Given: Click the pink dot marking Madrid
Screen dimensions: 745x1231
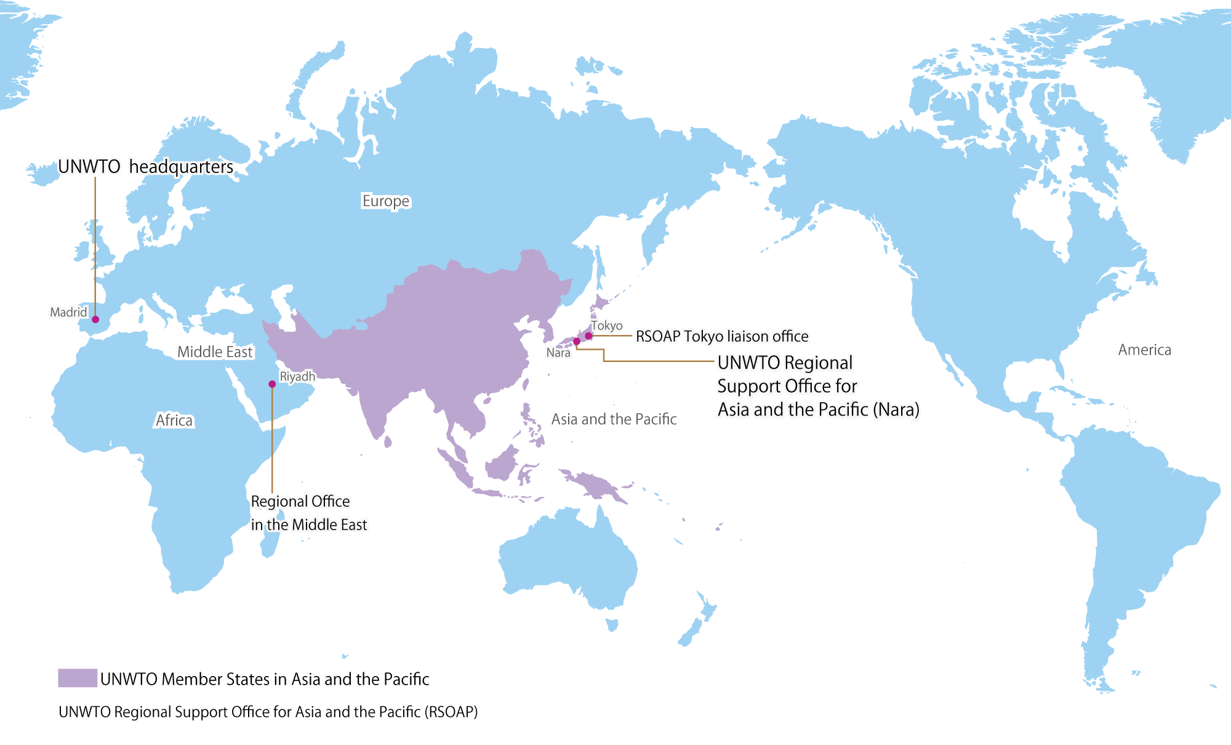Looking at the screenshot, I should (95, 319).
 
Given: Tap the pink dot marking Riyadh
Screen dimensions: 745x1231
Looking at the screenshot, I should (272, 384).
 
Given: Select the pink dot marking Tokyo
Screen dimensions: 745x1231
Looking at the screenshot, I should (588, 336).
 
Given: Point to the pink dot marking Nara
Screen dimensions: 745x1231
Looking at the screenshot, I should (577, 341).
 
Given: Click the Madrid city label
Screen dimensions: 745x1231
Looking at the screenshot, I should (68, 312).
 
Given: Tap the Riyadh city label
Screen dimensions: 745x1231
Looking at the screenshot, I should (297, 376).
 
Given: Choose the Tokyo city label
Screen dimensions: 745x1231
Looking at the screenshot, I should (607, 326).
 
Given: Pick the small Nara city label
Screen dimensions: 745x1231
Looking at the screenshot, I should (558, 353).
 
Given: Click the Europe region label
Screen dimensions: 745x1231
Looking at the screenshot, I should (386, 201).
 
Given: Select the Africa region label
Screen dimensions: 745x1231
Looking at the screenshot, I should (174, 421).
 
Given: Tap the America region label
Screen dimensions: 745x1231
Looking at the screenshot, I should (1144, 350).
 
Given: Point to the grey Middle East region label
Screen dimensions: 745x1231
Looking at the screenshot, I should (215, 352).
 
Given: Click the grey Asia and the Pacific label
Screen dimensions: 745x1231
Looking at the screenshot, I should (614, 419).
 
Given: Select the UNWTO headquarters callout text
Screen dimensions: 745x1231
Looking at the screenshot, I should (146, 167).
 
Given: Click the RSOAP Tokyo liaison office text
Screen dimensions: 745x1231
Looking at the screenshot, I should (722, 336).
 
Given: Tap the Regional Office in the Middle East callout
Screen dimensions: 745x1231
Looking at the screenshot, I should (308, 513).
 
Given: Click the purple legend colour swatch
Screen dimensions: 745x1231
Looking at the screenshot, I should (78, 678).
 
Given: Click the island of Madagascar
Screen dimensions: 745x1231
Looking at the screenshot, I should (269, 542).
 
